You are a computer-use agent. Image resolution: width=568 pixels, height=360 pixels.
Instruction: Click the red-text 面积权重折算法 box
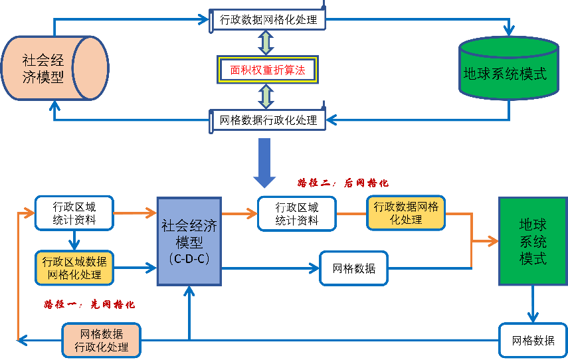click(x=267, y=70)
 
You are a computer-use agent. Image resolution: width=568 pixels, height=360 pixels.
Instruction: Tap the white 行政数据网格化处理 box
click(x=268, y=19)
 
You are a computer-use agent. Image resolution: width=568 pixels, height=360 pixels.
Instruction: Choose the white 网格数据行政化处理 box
click(x=268, y=120)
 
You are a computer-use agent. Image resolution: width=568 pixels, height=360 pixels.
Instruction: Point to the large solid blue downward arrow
click(x=264, y=161)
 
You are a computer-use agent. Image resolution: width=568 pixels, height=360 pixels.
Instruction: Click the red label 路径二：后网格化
click(x=343, y=182)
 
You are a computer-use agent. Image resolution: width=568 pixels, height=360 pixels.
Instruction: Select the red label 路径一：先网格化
click(x=90, y=304)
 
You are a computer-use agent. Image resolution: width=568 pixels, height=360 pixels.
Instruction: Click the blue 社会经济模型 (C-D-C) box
click(x=189, y=241)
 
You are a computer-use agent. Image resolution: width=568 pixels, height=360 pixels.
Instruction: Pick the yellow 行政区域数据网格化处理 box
click(x=75, y=268)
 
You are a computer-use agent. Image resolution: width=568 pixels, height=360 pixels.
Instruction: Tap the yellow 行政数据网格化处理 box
click(x=406, y=213)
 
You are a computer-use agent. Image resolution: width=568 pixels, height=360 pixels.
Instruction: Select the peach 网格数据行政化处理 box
click(x=101, y=339)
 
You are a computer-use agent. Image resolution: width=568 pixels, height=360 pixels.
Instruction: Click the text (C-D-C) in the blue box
click(x=189, y=258)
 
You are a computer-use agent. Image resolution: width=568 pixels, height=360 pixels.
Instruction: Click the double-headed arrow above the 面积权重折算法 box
click(x=266, y=43)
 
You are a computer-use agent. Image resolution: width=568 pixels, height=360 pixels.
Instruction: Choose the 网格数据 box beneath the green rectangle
click(x=532, y=340)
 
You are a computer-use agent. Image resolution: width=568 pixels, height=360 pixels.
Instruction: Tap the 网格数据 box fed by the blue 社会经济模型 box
click(x=353, y=268)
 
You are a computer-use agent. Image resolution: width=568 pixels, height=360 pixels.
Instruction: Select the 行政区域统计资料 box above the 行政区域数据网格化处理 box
click(x=74, y=213)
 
